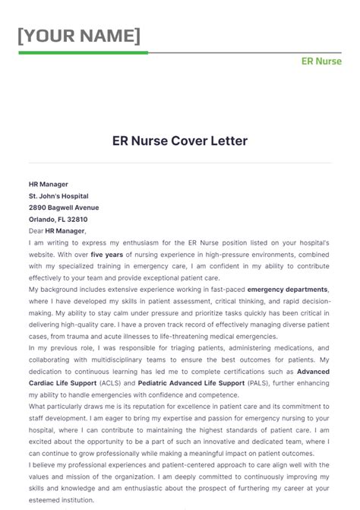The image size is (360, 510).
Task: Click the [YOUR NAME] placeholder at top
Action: point(79,36)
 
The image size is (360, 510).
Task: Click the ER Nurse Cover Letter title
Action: point(180,141)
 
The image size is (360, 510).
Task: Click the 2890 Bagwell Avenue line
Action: point(64,207)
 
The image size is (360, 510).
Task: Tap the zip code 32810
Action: point(87,219)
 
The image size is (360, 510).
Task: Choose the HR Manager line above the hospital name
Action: point(49,184)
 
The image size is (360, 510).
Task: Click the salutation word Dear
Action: point(36,230)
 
